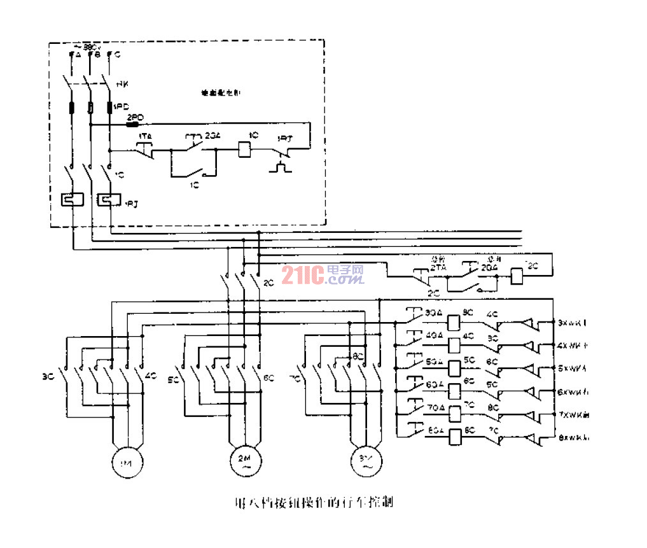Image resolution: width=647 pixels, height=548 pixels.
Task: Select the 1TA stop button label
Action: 145,136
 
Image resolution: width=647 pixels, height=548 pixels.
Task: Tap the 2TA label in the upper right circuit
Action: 438,269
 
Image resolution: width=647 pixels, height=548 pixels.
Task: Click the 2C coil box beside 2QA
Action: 518,274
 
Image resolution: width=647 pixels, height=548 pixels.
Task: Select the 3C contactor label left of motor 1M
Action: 46,376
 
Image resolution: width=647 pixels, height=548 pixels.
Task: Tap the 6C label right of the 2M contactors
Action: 269,377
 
